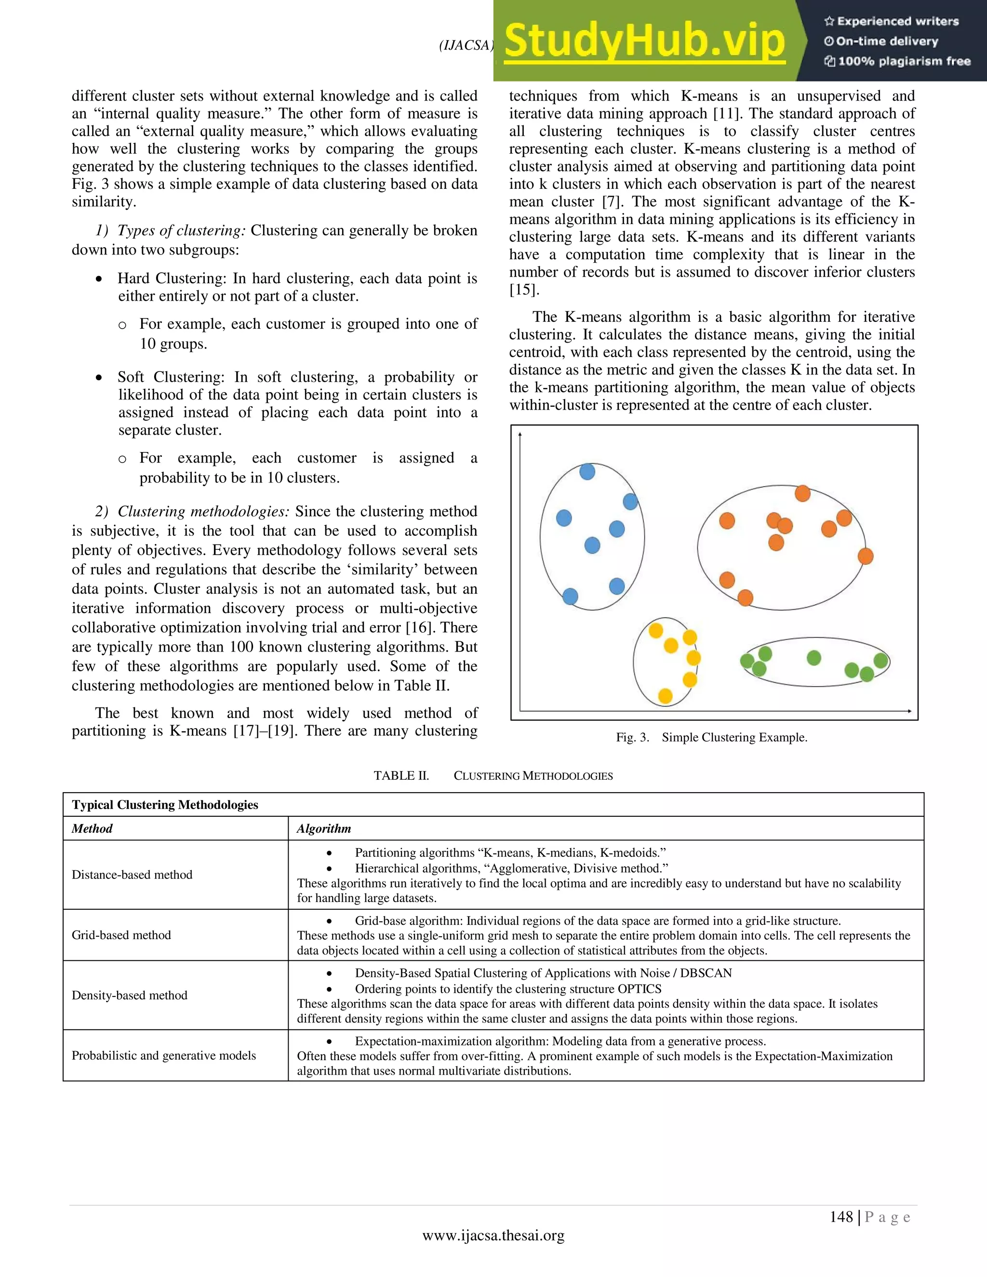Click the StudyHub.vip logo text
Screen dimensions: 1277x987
pos(644,41)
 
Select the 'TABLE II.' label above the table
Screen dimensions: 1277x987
pos(401,776)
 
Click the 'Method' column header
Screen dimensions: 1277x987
pos(92,828)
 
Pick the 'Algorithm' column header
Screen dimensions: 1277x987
pos(323,828)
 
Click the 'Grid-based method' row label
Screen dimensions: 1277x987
pos(121,935)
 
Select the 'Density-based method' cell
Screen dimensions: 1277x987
pos(129,995)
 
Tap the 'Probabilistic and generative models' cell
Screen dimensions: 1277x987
pos(164,1055)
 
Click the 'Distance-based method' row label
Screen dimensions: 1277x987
pos(132,875)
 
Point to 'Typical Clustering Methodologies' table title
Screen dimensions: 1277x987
pos(165,805)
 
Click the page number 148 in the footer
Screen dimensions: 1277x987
pos(841,1217)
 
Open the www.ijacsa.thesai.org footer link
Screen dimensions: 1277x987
pos(493,1236)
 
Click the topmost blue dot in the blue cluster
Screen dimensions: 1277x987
pos(587,471)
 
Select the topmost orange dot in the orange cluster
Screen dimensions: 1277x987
pos(802,493)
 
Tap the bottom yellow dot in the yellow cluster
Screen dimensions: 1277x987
pos(665,696)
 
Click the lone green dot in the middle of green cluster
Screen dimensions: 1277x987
pos(814,658)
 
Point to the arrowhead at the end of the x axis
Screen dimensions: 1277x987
pos(909,711)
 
